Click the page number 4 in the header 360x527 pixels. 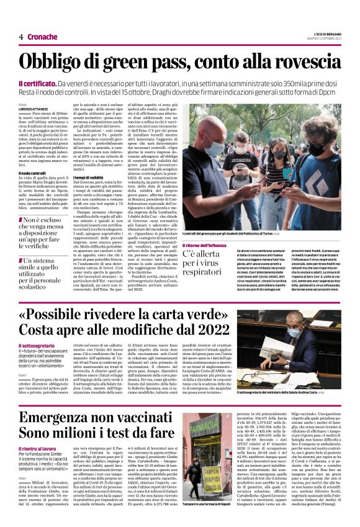[x=20, y=37]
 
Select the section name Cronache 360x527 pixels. [x=42, y=37]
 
